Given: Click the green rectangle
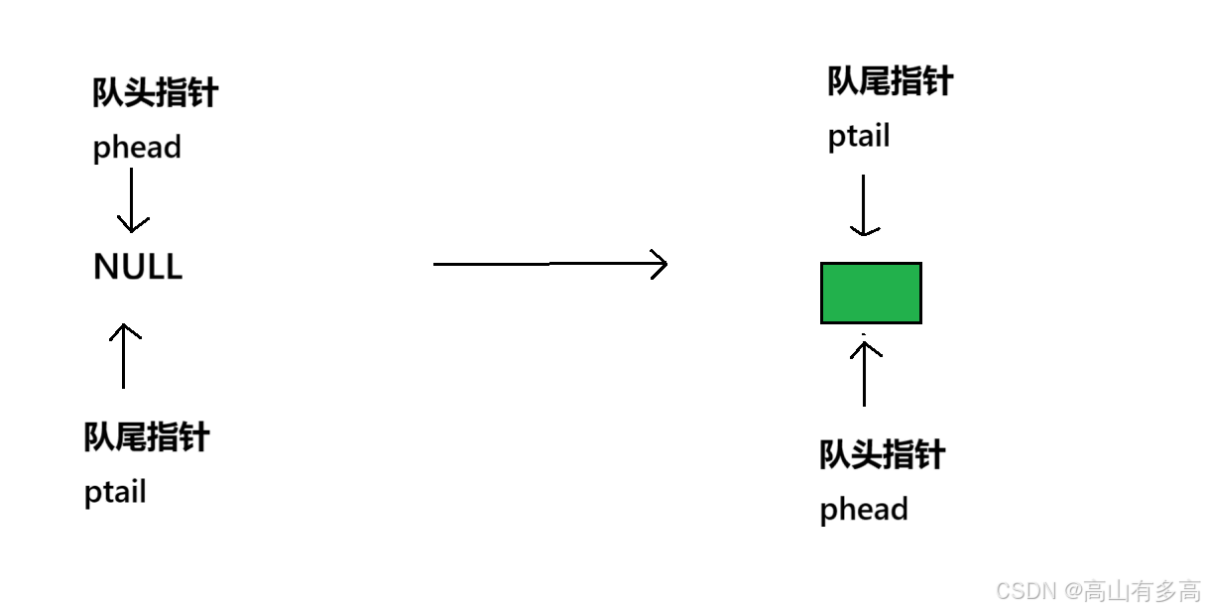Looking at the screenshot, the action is (x=871, y=293).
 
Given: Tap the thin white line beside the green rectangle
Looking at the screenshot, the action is (x=923, y=293).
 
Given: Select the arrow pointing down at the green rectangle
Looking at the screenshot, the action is (x=867, y=205).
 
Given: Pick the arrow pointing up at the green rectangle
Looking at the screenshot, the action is (x=868, y=372).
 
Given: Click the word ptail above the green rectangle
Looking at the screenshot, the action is (x=860, y=136).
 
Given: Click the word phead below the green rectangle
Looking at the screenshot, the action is (x=864, y=510).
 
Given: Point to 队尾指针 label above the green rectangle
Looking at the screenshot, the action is (x=891, y=81).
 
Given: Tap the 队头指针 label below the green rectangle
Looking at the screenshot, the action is (x=883, y=454).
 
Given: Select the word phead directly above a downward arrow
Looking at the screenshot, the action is (x=137, y=148).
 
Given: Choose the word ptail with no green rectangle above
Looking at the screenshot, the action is (x=116, y=491).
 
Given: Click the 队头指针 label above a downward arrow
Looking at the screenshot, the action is (x=156, y=92).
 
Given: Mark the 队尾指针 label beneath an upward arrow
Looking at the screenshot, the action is (x=148, y=436).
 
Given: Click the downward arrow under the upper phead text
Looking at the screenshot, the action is (x=134, y=200).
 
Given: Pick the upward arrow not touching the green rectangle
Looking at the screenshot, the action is (x=126, y=355).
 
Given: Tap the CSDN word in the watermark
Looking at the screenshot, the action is (x=1024, y=590).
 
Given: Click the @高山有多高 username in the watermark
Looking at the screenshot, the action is (x=1131, y=590).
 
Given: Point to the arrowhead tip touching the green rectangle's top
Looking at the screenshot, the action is (x=868, y=235).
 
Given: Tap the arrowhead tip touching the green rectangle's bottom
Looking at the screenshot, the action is (x=868, y=340).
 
